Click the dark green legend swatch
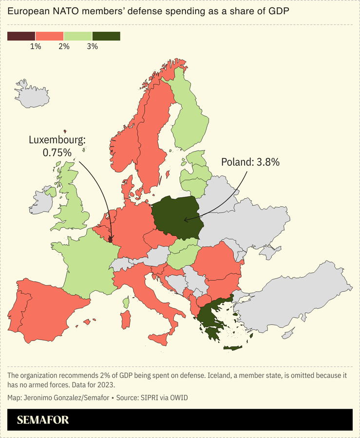(106, 36)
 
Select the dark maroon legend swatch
(21, 36)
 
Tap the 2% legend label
(64, 46)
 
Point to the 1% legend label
(36, 46)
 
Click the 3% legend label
(92, 46)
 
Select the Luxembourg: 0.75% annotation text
(57, 146)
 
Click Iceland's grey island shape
(33, 94)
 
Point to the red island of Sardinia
(126, 319)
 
